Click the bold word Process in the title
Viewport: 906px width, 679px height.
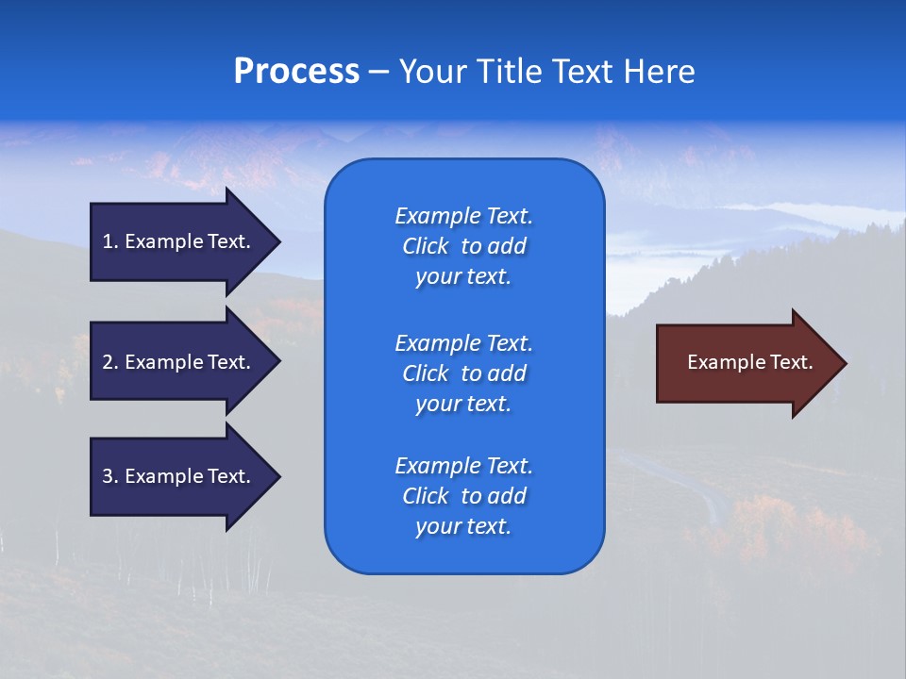click(296, 72)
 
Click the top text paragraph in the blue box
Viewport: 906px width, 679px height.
click(463, 246)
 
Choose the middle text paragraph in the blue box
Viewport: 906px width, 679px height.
click(463, 373)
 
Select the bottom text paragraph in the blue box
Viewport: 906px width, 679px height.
click(463, 496)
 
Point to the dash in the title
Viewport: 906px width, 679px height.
click(378, 72)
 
